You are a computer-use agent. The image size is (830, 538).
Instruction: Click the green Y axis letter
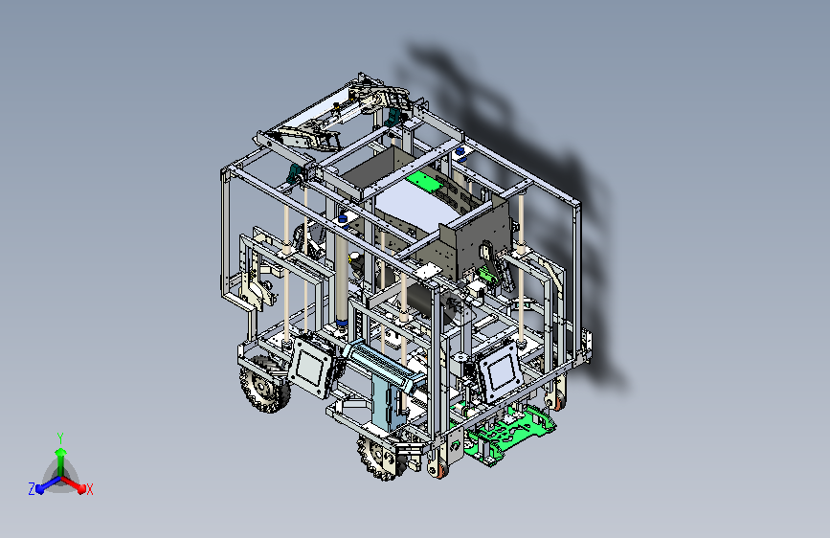coord(60,438)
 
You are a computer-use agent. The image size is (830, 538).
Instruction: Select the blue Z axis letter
coord(32,489)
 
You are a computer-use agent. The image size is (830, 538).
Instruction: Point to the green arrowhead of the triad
coord(61,452)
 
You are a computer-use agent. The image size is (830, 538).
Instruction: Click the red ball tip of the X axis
coord(81,489)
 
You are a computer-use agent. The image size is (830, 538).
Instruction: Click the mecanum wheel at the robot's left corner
coord(264,384)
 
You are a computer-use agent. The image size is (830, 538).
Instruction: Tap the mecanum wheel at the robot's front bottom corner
coord(381,457)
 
